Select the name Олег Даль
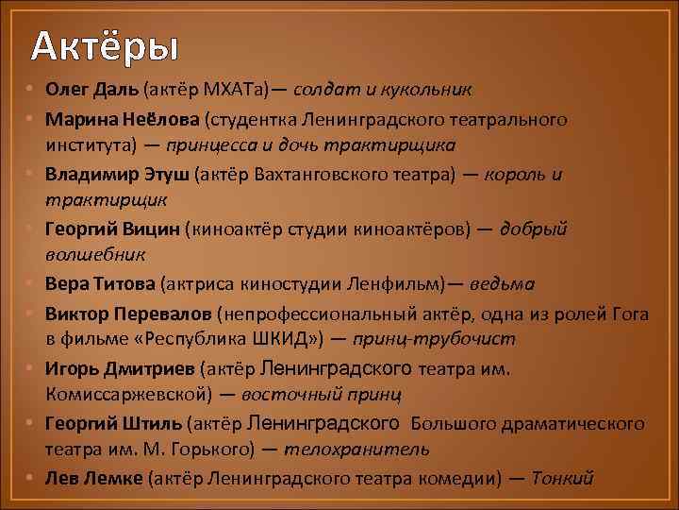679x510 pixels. pos(91,90)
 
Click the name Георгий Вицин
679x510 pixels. pos(112,229)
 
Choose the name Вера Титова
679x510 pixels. pos(100,283)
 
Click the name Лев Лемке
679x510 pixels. pos(93,477)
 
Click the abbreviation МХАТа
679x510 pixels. pos(240,90)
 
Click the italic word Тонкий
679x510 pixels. pos(563,477)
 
